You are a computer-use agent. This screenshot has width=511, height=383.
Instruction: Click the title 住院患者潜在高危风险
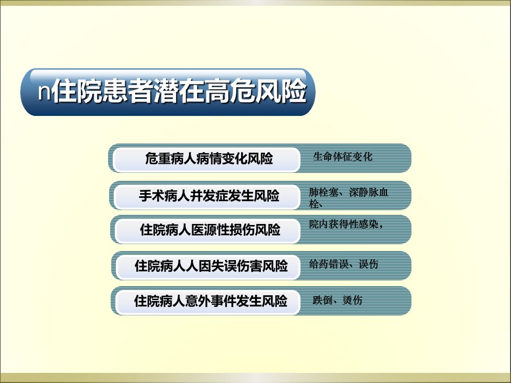(x=179, y=91)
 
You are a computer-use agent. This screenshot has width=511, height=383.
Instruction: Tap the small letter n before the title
(x=44, y=92)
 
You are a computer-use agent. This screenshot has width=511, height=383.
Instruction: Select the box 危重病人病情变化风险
(x=207, y=159)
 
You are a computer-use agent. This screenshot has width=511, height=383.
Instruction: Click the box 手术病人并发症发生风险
(x=207, y=196)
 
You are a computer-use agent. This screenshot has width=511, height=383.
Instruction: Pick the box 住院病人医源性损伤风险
(x=208, y=230)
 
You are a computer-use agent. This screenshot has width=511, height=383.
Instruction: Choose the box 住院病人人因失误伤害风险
(x=209, y=267)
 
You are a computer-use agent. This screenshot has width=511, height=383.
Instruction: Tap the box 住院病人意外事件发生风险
(x=208, y=302)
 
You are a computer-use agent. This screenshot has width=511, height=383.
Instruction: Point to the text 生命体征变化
(x=342, y=156)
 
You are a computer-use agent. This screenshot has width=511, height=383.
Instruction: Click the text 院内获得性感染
(x=343, y=224)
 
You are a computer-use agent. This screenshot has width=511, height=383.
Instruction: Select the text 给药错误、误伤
(x=344, y=264)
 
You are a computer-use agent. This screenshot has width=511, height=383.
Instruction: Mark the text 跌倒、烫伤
(x=337, y=300)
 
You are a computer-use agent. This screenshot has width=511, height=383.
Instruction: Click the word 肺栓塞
(x=324, y=192)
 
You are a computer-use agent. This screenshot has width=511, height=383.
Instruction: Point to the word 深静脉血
(x=368, y=192)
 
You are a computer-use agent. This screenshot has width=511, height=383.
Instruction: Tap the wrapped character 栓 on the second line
(x=314, y=204)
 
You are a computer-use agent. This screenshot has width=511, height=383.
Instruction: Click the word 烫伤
(x=352, y=300)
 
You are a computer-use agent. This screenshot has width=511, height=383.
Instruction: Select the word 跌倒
(x=323, y=300)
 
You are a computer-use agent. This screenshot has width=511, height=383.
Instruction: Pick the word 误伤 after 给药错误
(x=368, y=264)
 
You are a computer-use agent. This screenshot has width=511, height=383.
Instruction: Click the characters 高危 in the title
(x=230, y=91)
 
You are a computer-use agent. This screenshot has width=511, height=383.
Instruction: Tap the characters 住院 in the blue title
(x=77, y=91)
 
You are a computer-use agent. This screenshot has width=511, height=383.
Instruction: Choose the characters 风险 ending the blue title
(x=281, y=91)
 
